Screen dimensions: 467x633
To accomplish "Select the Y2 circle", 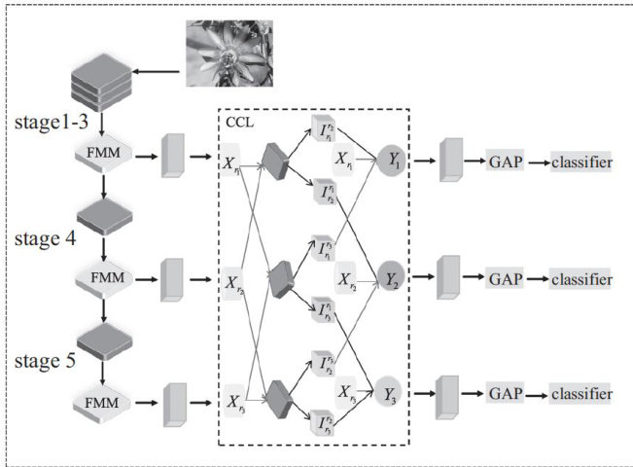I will (391, 279).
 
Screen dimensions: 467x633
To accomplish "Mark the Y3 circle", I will (388, 392).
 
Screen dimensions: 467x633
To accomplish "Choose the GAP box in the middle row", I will (506, 279).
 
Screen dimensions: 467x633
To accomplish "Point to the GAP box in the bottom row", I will (506, 394).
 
